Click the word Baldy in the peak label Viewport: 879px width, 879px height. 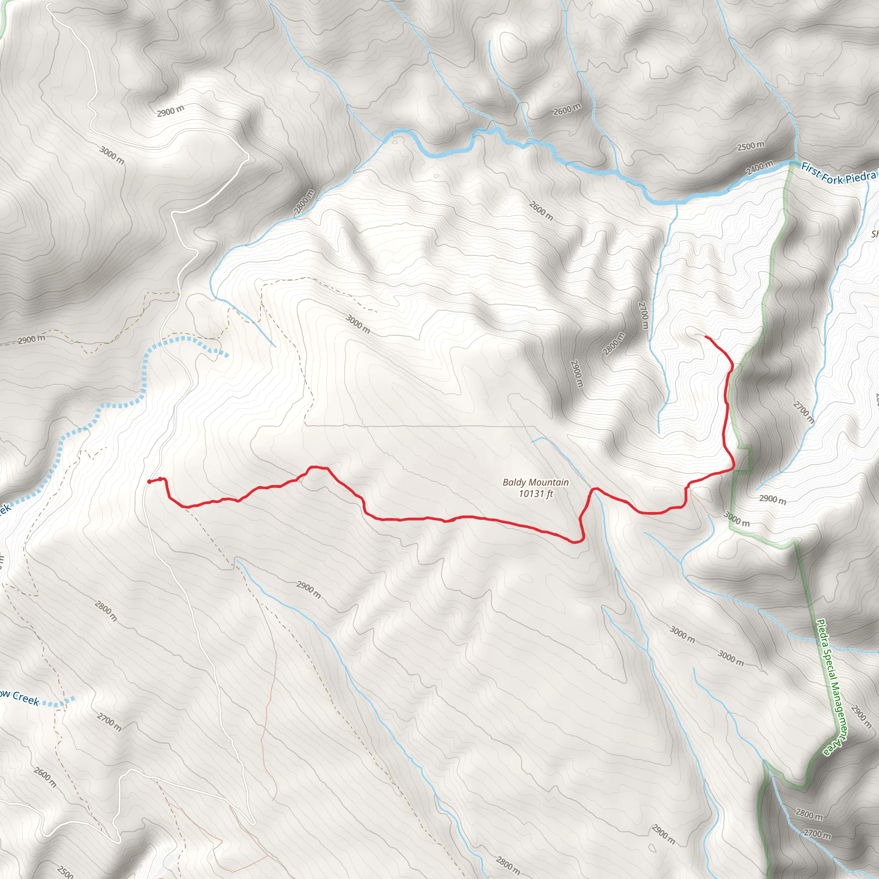pyautogui.click(x=513, y=482)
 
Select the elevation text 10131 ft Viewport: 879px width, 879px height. pyautogui.click(x=536, y=493)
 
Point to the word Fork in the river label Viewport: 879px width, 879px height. pyautogui.click(x=832, y=177)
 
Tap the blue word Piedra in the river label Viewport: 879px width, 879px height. pyautogui.click(x=860, y=177)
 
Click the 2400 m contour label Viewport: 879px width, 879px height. pyautogui.click(x=759, y=168)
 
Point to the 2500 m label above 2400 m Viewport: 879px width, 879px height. pyautogui.click(x=751, y=146)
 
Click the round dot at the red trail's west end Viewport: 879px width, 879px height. pyautogui.click(x=149, y=482)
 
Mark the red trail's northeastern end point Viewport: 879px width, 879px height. pyautogui.click(x=705, y=336)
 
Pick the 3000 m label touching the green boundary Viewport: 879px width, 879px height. pyautogui.click(x=737, y=519)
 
